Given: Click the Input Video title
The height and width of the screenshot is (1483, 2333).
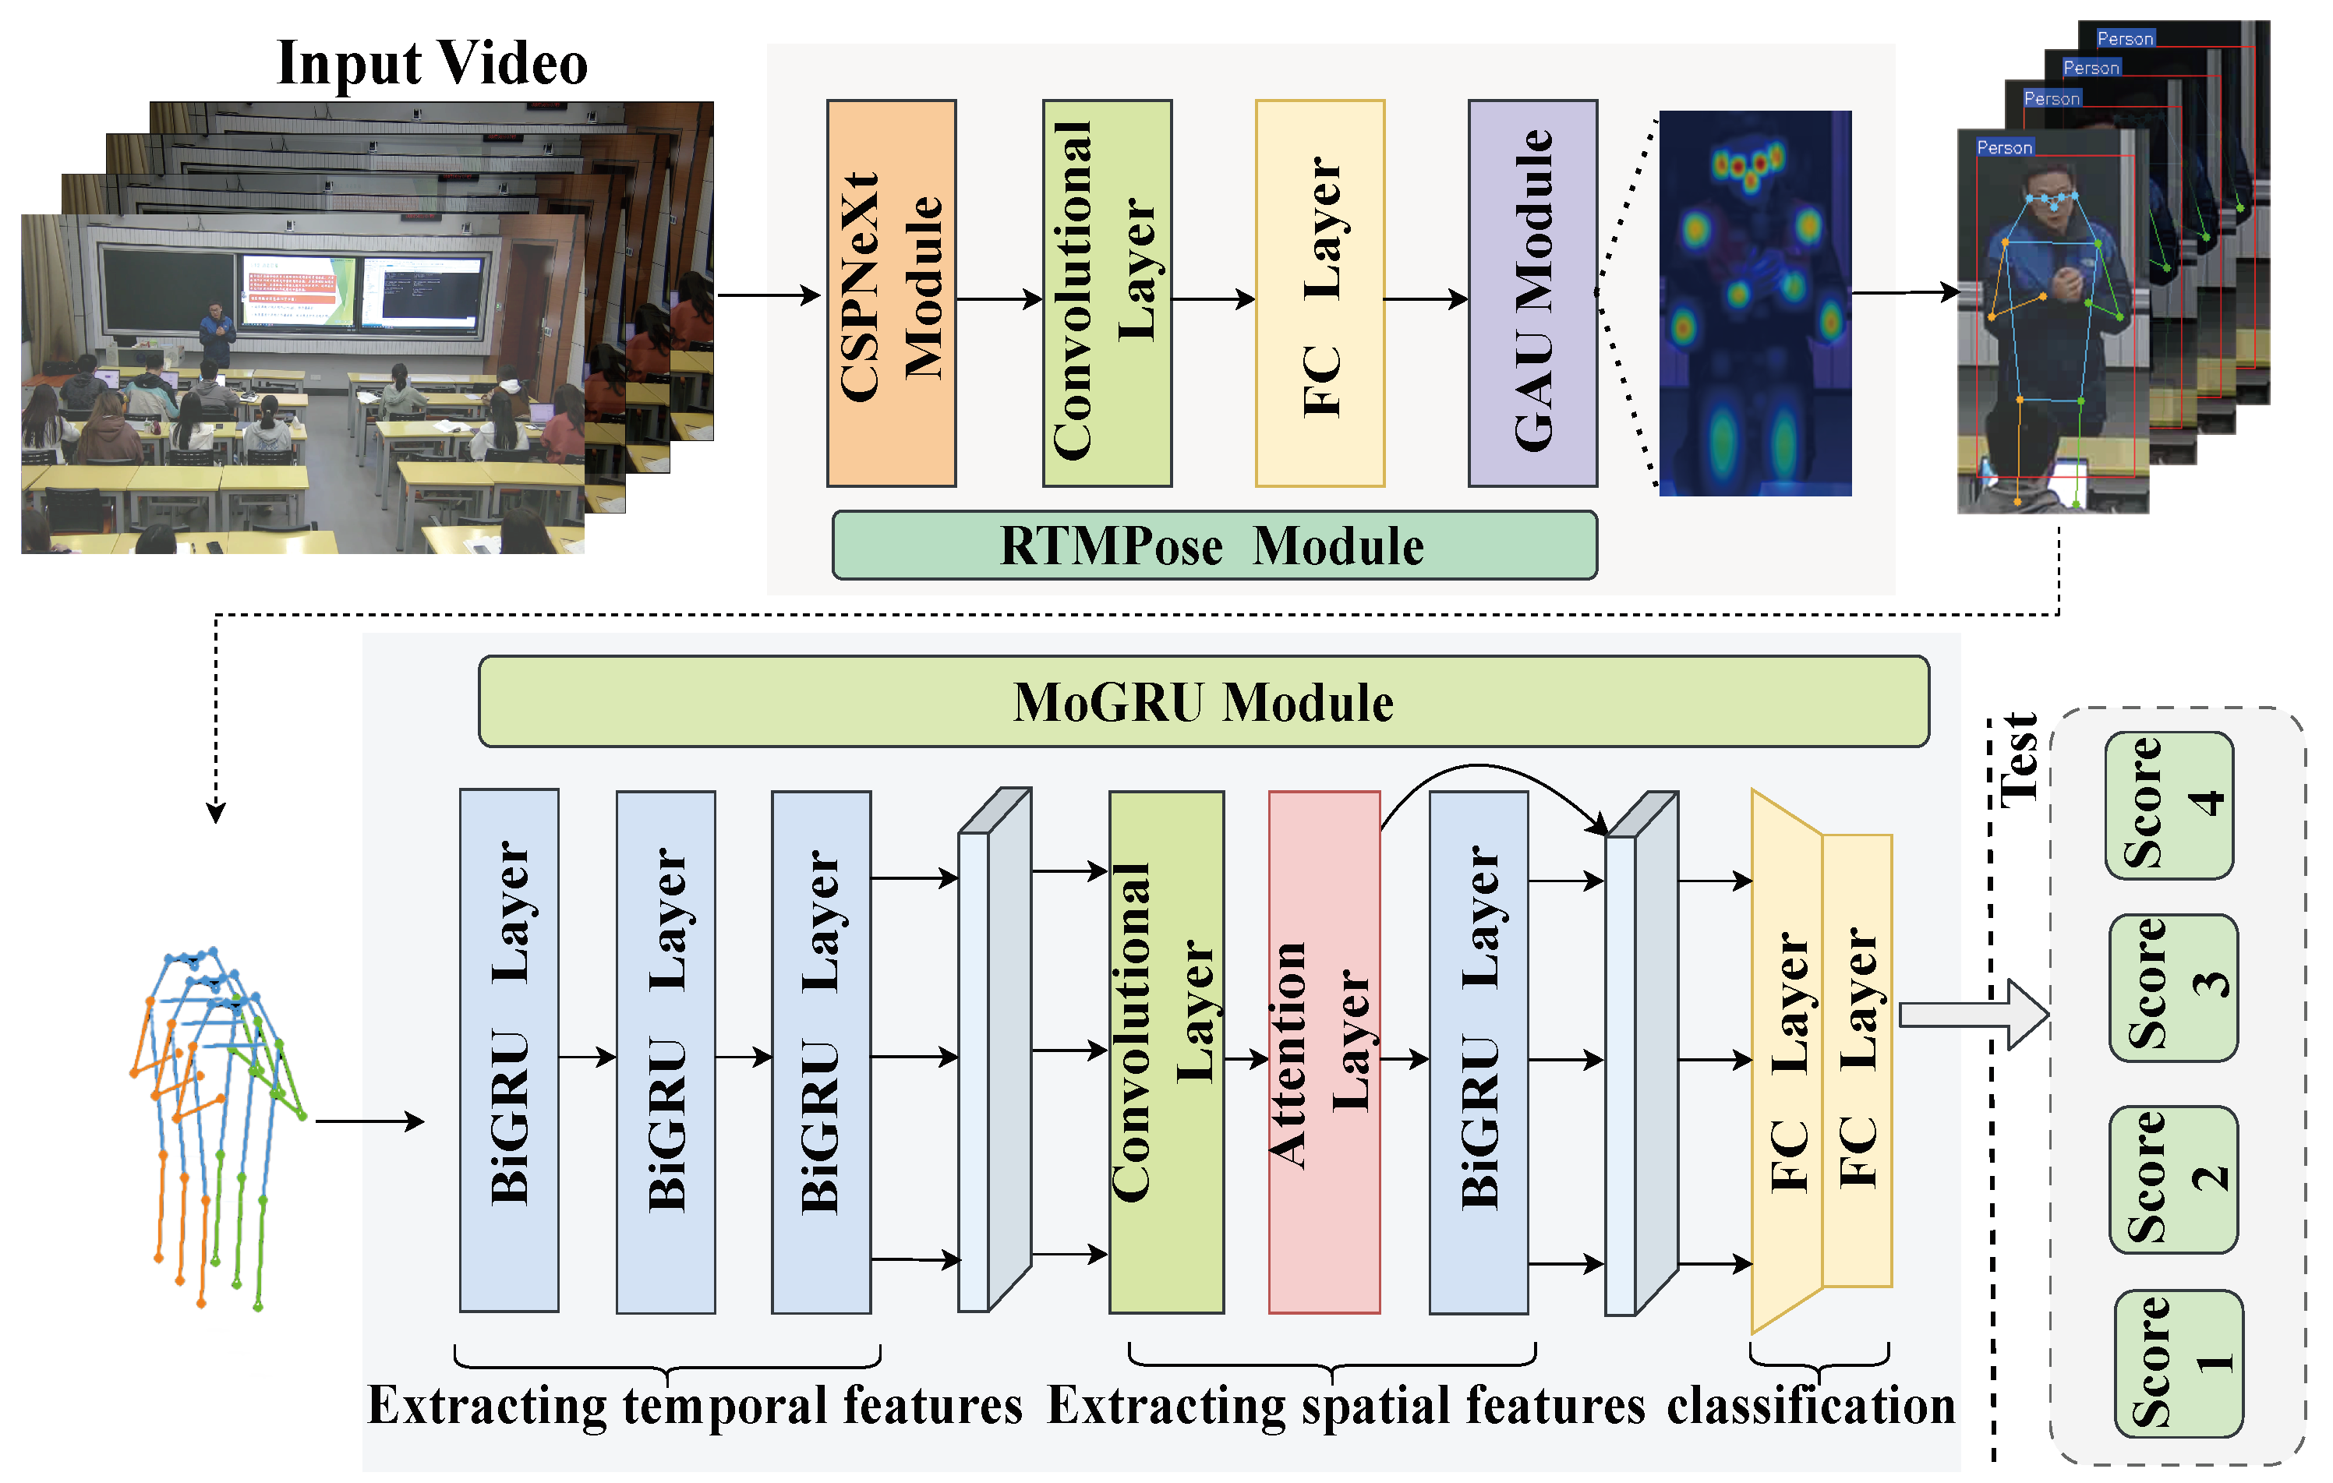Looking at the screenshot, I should [x=432, y=64].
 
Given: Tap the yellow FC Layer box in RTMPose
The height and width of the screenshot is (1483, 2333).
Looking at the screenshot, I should [x=1320, y=292].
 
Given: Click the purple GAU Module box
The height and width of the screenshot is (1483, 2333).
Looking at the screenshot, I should [x=1532, y=292].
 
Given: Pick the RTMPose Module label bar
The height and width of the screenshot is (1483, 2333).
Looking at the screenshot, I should [x=1214, y=546].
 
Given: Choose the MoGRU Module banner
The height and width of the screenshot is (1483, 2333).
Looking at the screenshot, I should [x=1204, y=702].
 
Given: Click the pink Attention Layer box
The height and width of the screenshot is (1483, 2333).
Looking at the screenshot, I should [x=1324, y=1052].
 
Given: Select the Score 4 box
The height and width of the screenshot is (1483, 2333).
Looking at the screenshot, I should [x=2169, y=805].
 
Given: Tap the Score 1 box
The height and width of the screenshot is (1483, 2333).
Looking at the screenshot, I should [x=2178, y=1363].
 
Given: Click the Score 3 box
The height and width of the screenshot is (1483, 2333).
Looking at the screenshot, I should [x=2173, y=987].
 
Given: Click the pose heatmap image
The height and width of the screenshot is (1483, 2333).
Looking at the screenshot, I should [x=1755, y=303].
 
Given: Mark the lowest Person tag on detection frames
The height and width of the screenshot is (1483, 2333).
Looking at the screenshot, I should [x=2003, y=147].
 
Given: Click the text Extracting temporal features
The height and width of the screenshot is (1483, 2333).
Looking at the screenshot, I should [x=695, y=1406].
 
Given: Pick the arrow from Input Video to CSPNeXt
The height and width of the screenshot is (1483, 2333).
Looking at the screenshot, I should [x=769, y=295].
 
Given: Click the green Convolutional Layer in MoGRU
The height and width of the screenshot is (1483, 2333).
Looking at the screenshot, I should [x=1166, y=1052].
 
